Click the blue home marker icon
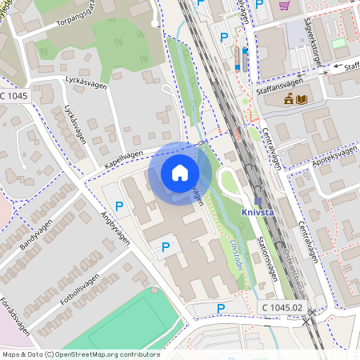(x=180, y=172)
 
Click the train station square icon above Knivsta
(x=258, y=200)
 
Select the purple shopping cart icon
(x=284, y=5)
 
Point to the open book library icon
(x=302, y=99)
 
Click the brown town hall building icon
(x=289, y=99)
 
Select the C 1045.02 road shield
(x=281, y=307)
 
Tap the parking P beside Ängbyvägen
(x=119, y=206)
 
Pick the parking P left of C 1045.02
(x=221, y=308)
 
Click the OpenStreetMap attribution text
(x=81, y=354)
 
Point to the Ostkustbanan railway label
(x=290, y=261)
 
